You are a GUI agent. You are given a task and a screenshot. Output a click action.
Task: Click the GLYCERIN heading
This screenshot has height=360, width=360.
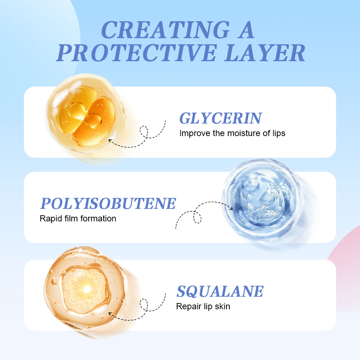(221, 118)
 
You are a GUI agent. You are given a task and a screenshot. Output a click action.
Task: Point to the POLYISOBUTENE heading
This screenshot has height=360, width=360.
(108, 203)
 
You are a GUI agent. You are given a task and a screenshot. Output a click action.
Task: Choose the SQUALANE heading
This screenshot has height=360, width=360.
(220, 291)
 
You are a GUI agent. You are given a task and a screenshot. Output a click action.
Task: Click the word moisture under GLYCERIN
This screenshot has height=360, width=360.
(243, 133)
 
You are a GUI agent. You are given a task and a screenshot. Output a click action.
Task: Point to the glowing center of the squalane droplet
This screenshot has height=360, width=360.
(86, 289)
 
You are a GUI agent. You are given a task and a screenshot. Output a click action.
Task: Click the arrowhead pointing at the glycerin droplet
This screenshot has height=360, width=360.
(110, 140)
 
